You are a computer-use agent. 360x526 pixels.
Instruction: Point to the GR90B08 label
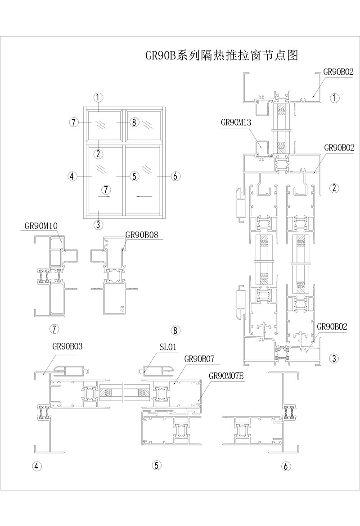point(144,235)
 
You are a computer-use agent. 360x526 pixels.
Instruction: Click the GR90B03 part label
point(71,346)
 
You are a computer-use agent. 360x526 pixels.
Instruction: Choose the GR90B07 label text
point(199,359)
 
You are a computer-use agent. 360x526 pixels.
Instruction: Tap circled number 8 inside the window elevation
point(134,122)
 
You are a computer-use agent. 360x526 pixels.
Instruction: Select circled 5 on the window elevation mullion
point(134,176)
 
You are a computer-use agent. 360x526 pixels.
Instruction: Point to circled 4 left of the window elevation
point(72,176)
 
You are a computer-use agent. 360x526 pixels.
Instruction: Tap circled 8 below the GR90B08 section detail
point(176,331)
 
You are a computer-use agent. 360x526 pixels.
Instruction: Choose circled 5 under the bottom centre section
point(156,465)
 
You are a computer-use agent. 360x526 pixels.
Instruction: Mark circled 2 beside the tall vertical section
point(333,188)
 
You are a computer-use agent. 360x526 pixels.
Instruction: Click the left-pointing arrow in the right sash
point(143,196)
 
